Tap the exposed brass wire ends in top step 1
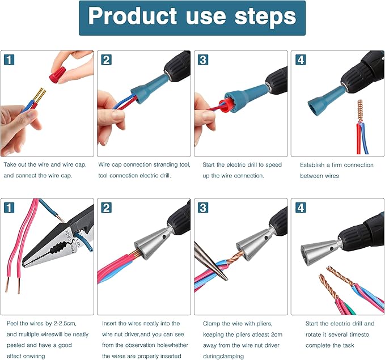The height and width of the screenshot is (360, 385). point(37,97)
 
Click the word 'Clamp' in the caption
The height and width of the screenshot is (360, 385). point(213,323)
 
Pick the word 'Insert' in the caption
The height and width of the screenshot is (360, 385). point(112,323)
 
